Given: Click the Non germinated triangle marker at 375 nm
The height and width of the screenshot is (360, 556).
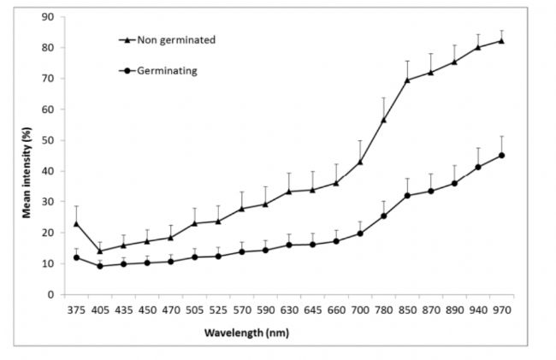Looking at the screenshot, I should click(76, 223).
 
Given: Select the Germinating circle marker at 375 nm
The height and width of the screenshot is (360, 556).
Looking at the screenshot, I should click(76, 257).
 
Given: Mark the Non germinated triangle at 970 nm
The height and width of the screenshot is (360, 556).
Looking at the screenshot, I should click(500, 40).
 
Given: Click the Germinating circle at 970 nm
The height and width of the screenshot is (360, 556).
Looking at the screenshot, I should click(500, 156).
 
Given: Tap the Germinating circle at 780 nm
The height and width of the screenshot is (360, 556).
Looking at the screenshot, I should click(383, 216).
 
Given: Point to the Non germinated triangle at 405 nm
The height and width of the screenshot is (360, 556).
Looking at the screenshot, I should click(100, 251).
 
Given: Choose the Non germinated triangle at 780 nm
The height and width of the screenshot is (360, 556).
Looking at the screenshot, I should click(383, 120).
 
